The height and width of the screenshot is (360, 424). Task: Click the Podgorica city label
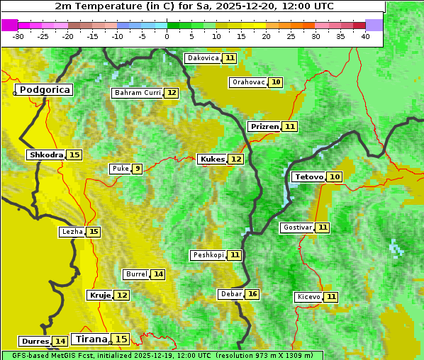click(45, 90)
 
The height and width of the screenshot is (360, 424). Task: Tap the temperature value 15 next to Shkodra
click(74, 154)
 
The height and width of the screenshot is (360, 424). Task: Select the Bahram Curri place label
click(138, 93)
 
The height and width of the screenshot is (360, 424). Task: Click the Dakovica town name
click(202, 58)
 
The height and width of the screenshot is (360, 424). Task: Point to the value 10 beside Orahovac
click(276, 82)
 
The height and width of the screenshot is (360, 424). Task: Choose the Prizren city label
click(264, 126)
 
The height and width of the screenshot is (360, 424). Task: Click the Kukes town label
click(212, 159)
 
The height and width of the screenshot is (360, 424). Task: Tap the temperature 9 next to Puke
click(137, 169)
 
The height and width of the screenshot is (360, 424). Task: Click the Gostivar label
click(296, 227)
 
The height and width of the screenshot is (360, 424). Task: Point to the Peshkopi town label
click(208, 255)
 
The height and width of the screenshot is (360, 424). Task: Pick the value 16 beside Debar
click(252, 294)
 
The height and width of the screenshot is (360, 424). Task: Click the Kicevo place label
click(308, 297)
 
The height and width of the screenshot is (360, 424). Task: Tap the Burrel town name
click(136, 274)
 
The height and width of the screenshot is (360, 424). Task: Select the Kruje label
click(99, 295)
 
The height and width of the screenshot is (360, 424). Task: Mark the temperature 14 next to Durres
click(60, 342)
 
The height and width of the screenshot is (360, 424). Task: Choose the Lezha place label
click(72, 232)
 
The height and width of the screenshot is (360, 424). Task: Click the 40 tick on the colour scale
click(365, 36)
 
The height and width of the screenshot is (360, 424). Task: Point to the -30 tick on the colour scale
click(18, 36)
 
